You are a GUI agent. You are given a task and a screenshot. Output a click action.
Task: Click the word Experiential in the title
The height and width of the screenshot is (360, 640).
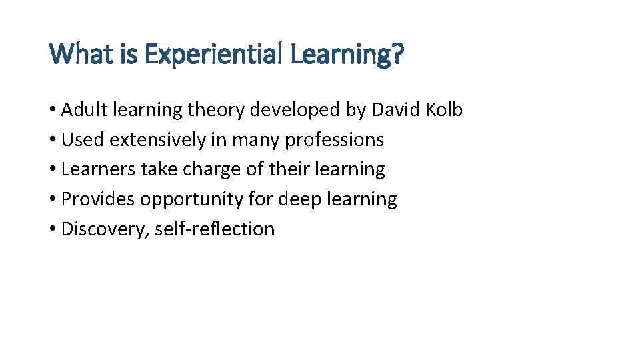214,54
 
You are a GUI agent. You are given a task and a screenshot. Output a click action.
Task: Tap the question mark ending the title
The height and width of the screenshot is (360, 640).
397,54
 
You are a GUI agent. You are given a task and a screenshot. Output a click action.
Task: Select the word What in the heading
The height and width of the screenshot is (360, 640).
76,54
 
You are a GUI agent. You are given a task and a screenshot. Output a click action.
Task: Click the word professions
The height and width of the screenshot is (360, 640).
335,139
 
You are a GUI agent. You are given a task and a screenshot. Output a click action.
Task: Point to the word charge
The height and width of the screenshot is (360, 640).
212,169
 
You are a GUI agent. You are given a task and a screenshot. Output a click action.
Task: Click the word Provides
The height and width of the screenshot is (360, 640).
98,199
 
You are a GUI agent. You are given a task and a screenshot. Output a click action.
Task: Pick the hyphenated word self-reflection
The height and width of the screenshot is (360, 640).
215,229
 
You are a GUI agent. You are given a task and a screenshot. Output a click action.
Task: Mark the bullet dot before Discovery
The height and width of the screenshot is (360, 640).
53,229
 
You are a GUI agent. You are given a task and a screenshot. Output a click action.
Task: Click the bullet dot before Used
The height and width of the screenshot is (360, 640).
53,140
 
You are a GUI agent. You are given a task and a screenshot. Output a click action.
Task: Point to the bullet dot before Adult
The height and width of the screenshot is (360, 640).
53,111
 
